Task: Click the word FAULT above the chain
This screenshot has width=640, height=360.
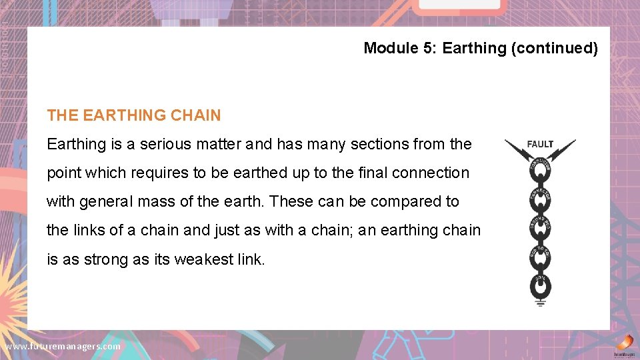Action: (x=540, y=144)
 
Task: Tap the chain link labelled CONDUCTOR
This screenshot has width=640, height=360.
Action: (x=540, y=170)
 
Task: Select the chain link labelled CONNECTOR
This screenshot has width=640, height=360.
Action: (x=540, y=198)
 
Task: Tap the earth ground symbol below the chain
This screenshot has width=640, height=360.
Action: (x=540, y=303)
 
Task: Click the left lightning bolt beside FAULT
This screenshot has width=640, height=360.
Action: (x=517, y=150)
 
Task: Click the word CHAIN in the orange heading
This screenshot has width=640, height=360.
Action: (x=195, y=115)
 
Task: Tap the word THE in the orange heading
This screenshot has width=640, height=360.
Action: (x=63, y=115)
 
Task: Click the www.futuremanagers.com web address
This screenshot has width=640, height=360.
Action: (x=63, y=346)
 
